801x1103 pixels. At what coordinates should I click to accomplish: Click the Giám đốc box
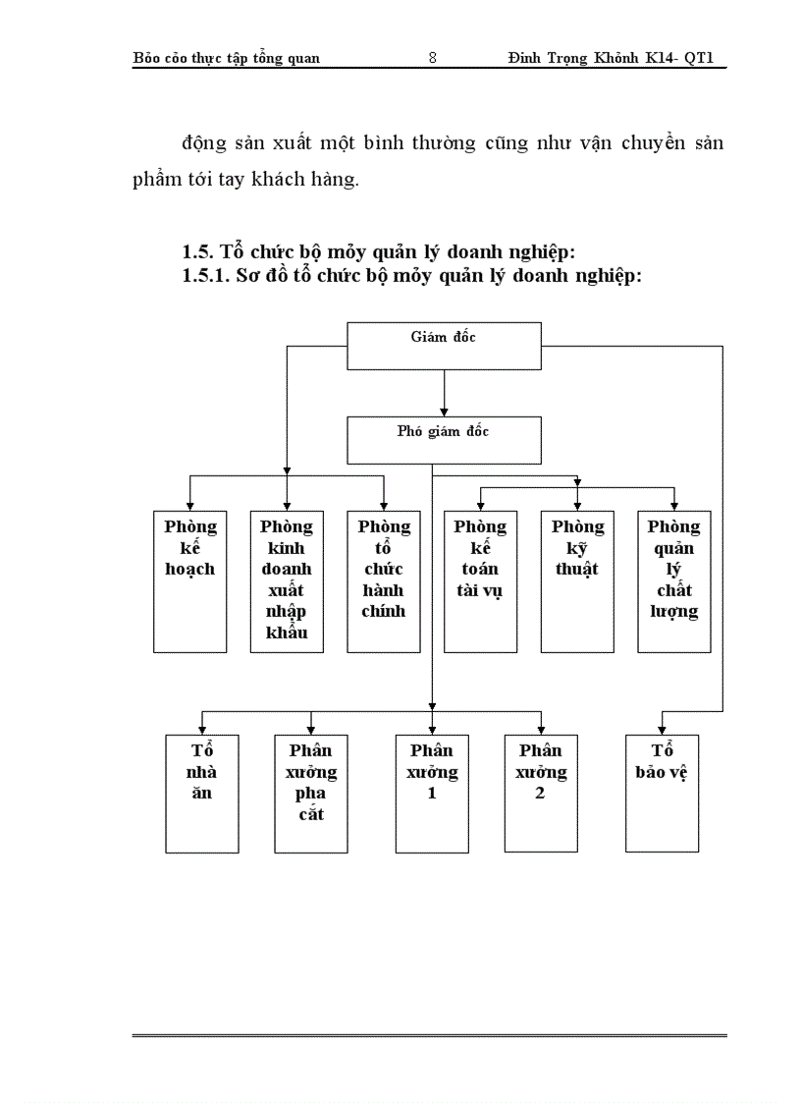coord(444,345)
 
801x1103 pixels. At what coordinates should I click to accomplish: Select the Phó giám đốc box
coord(444,439)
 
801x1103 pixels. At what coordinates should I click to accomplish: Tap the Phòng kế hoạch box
coord(189,580)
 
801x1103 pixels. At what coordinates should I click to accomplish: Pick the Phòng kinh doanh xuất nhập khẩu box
coord(287,580)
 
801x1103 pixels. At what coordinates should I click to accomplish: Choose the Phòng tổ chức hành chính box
coord(384,580)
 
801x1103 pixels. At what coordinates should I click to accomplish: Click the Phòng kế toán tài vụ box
coord(480,580)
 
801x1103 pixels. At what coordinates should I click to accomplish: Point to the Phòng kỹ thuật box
coord(577,580)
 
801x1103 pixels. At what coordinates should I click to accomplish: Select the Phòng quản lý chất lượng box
coord(673,580)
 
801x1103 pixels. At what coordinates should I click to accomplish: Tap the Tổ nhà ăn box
coord(201,793)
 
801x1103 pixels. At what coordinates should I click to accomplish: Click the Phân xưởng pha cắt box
coord(311,793)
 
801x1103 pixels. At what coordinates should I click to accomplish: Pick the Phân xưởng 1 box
coord(432,793)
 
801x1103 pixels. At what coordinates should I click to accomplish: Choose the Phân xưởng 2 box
coord(541,793)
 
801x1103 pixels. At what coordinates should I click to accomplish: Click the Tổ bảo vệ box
coord(662,793)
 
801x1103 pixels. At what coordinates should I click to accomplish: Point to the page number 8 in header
coord(433,58)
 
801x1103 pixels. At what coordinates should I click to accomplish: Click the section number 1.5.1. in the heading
coord(206,276)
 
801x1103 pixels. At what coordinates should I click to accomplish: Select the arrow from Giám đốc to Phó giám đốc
coord(444,393)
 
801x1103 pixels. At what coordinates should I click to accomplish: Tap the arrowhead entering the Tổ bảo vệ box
coord(662,728)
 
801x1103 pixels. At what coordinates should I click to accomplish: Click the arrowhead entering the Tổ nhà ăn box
coord(201,728)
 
